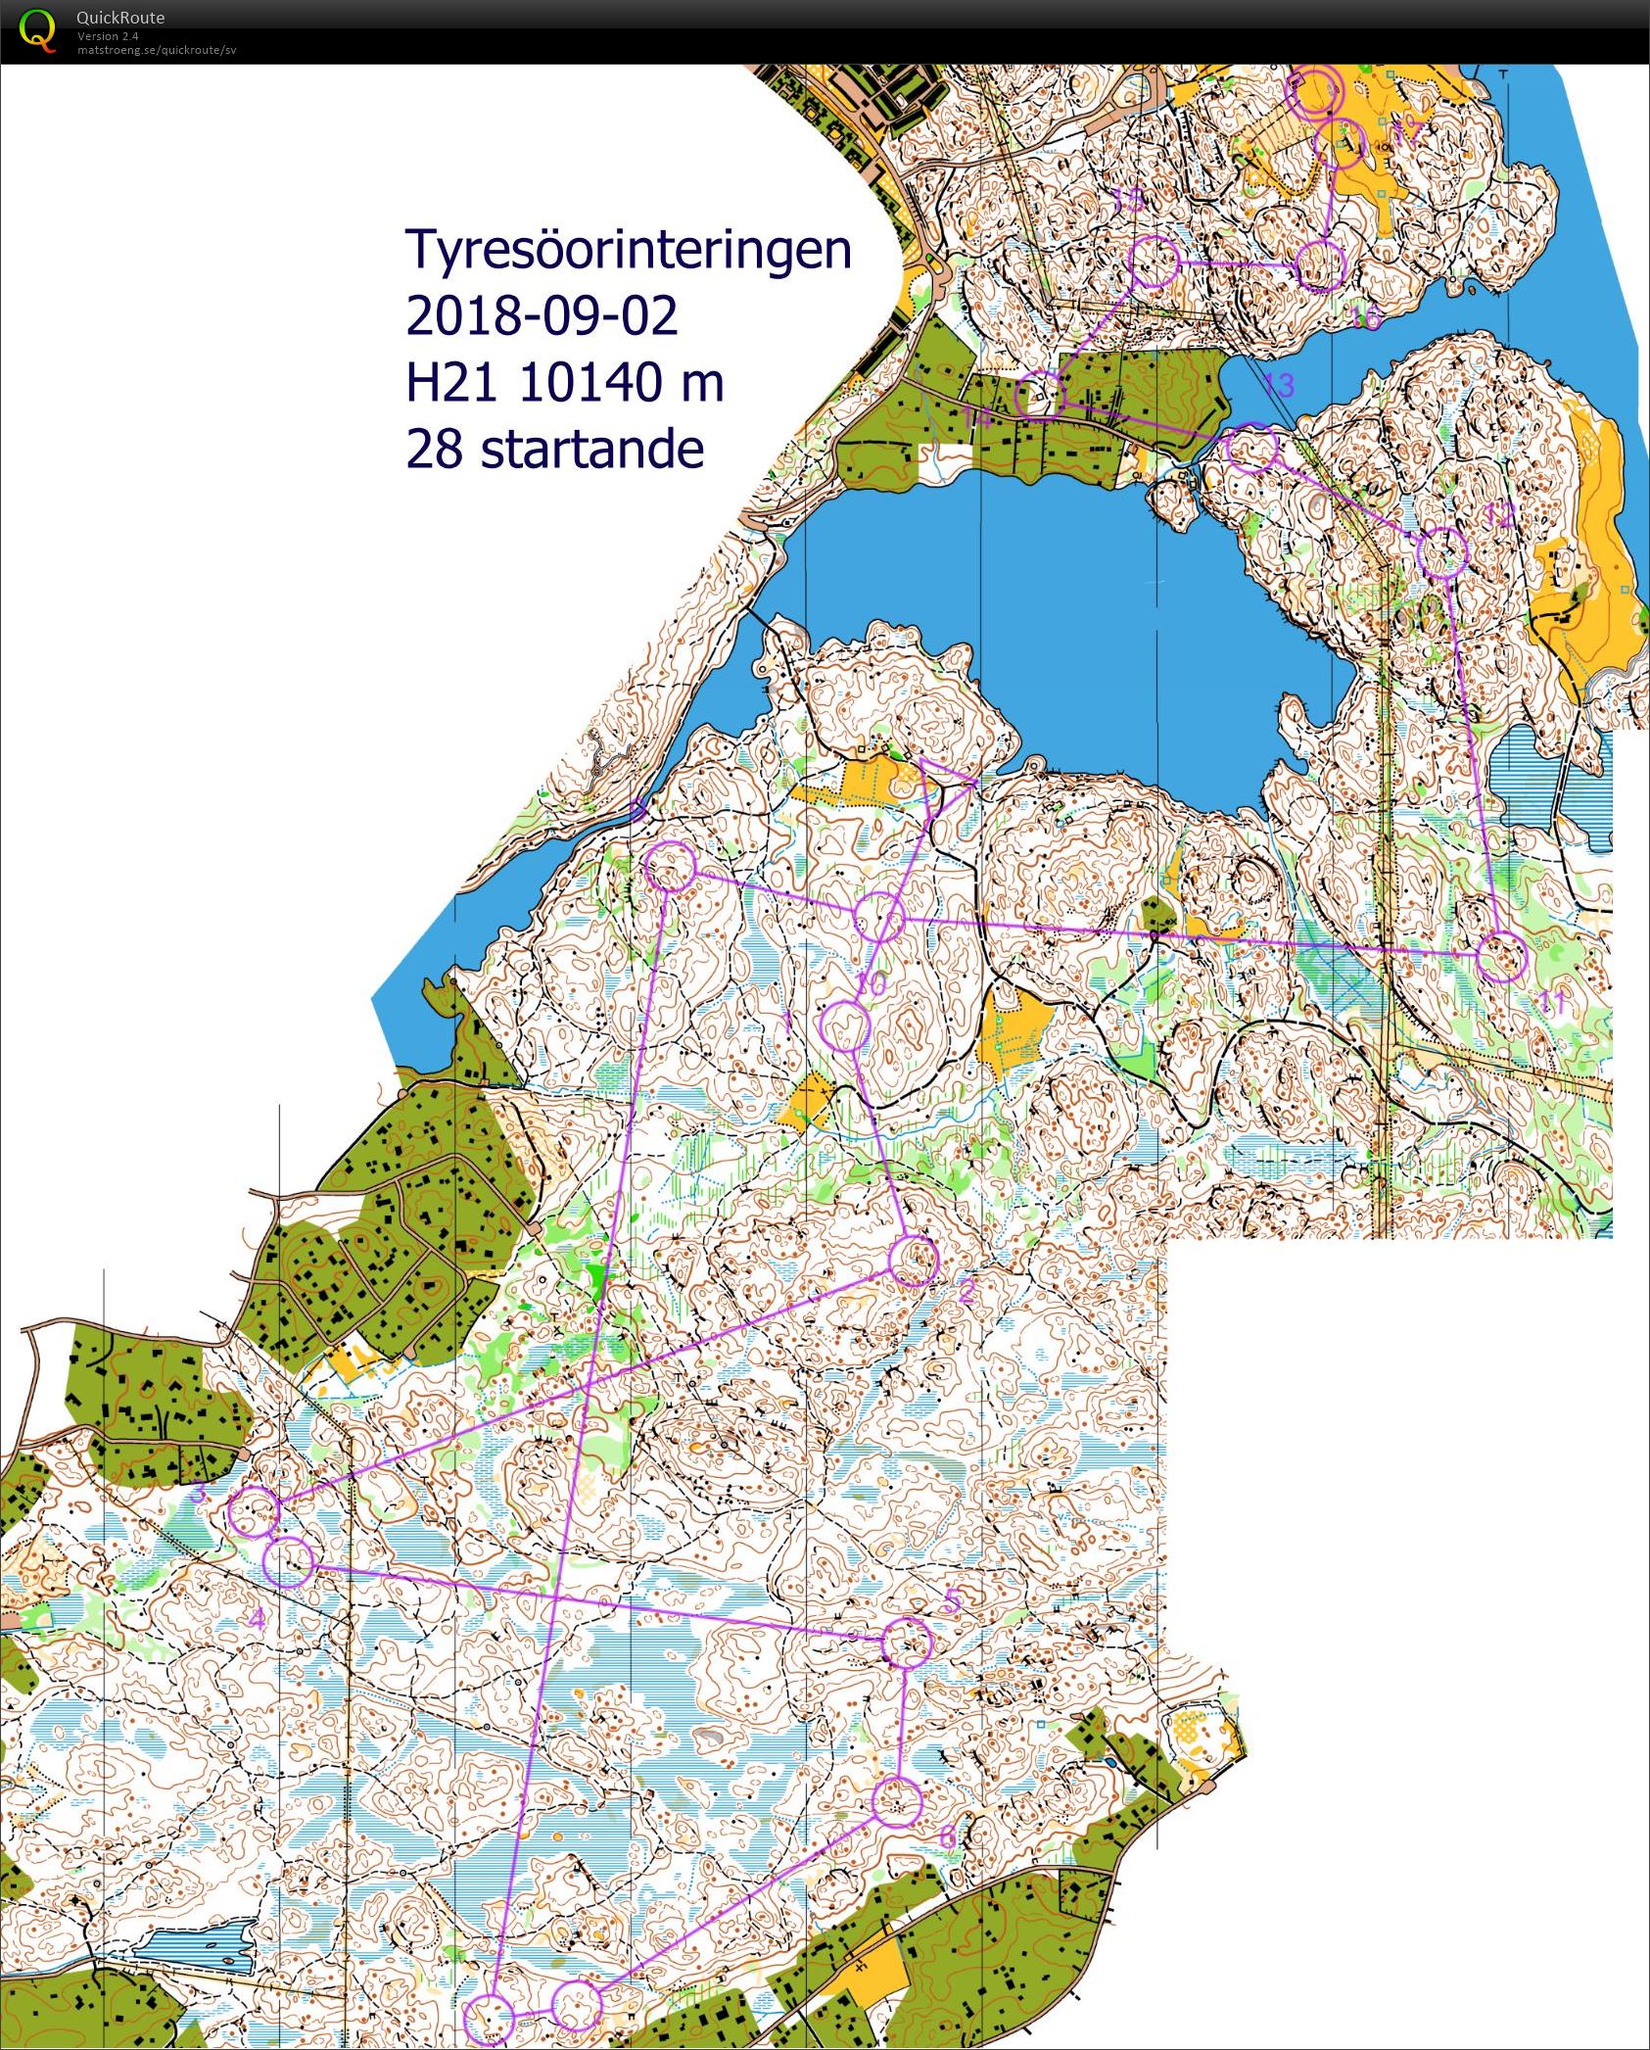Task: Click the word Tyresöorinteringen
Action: click(x=628, y=251)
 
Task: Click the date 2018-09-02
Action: click(x=541, y=316)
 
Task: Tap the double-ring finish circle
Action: click(x=1312, y=93)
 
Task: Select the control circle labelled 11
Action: click(x=1501, y=957)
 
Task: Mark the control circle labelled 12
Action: click(x=1442, y=552)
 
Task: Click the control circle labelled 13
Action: click(x=1251, y=449)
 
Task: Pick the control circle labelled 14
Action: click(x=1040, y=397)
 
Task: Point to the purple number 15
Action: click(x=1128, y=201)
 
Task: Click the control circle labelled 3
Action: click(x=254, y=1511)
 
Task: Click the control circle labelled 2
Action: click(x=914, y=1262)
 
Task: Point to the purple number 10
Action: click(x=871, y=982)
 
